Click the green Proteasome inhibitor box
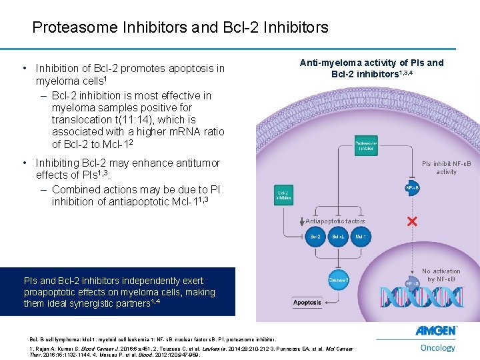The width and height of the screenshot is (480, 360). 366,145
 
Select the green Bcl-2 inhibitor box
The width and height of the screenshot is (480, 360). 285,195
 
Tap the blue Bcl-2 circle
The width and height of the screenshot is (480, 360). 315,237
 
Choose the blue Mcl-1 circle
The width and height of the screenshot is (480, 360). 360,237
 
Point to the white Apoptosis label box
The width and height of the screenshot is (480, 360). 307,302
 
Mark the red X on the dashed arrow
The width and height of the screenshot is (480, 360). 412,221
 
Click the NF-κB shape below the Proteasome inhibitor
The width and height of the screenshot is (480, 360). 412,188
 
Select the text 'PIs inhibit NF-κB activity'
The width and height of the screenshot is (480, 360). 446,167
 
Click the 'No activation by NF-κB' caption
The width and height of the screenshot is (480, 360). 441,275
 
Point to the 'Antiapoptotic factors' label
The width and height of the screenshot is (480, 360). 335,221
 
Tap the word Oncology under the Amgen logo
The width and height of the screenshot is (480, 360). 438,347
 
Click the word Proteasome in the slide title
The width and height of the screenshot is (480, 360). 72,27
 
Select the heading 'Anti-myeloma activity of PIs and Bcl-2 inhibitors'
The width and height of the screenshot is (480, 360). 371,67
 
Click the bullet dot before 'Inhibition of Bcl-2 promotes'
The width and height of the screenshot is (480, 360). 24,69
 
